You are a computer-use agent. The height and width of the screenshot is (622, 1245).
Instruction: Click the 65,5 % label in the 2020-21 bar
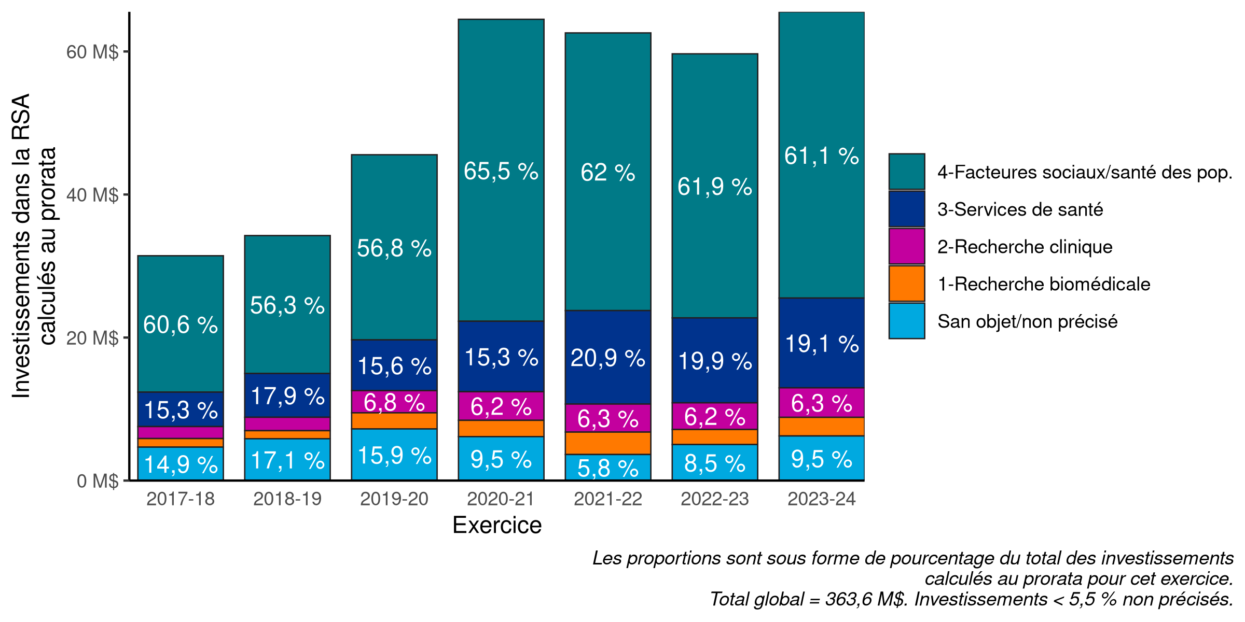501,172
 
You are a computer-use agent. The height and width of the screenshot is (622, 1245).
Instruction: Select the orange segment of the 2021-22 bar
608,443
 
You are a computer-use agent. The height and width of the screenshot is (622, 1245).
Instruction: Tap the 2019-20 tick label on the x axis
394,499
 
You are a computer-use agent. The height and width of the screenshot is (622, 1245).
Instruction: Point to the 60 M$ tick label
92,52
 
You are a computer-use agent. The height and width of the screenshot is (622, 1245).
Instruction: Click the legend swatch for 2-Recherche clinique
906,247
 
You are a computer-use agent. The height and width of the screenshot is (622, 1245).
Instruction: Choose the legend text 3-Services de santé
1020,209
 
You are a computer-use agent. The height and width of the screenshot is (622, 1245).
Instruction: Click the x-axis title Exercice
497,526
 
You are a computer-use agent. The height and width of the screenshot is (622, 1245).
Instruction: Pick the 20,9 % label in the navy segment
608,358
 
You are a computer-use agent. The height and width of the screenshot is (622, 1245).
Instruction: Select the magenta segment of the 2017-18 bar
181,433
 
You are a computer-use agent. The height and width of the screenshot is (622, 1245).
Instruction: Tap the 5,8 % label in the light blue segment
608,469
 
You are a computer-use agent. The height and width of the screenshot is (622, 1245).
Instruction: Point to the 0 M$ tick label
98,481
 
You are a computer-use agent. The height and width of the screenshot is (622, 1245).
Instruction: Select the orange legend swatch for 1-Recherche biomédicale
906,284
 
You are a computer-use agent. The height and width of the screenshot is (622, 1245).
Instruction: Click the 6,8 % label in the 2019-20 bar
394,403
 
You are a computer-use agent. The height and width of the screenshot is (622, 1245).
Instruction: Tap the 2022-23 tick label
714,499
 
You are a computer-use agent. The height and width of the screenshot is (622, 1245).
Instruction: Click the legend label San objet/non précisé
1027,322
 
